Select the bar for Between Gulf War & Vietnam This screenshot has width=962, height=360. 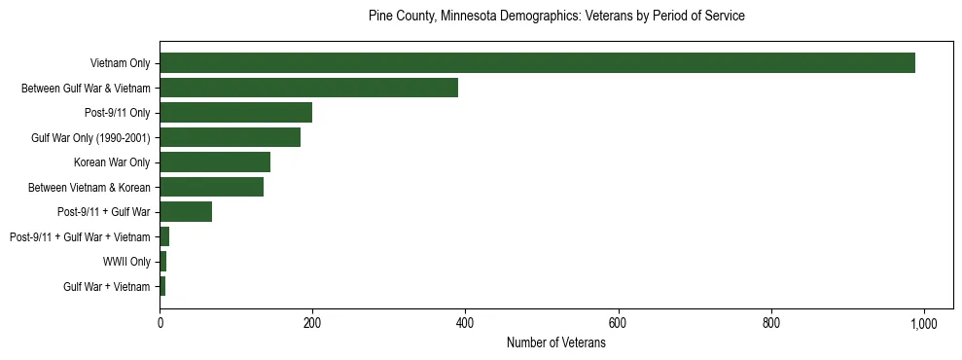[x=308, y=88]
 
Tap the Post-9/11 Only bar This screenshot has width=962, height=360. [x=235, y=113]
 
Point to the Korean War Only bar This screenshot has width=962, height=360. [x=215, y=162]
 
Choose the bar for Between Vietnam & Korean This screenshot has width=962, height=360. [x=211, y=187]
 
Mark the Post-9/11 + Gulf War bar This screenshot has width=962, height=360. [x=186, y=212]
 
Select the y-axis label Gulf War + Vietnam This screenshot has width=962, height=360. [x=107, y=287]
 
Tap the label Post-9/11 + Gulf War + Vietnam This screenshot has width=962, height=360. [x=80, y=237]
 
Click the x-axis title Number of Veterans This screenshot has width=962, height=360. [x=555, y=343]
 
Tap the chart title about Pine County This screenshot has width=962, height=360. [x=555, y=17]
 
